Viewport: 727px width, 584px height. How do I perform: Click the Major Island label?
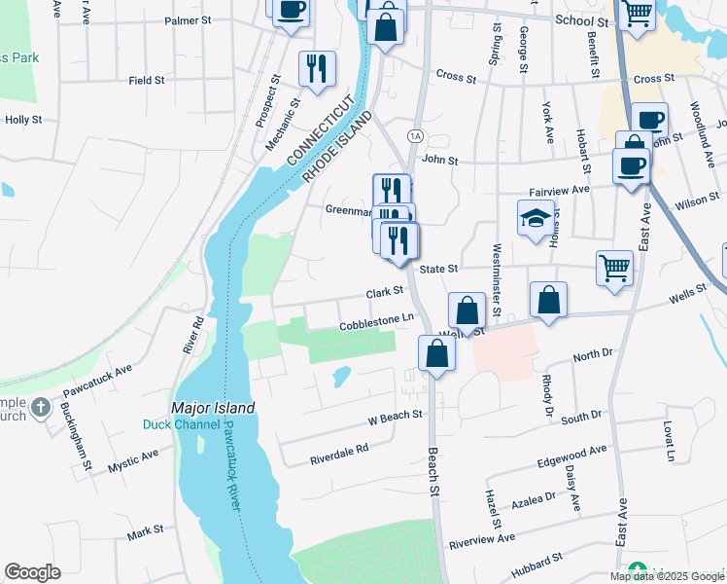213,408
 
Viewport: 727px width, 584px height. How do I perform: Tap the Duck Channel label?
180,424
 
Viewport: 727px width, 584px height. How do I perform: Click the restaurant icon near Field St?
317,69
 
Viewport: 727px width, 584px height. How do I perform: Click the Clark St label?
384,291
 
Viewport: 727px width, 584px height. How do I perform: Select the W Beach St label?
395,416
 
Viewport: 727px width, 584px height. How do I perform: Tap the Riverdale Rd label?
339,450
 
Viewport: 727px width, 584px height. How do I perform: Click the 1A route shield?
415,136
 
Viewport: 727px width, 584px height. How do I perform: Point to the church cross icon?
41,407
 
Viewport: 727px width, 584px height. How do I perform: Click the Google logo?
32,572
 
